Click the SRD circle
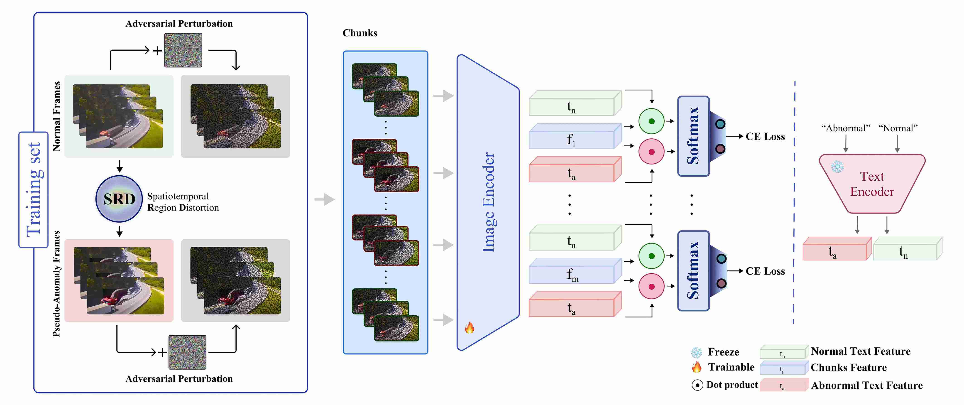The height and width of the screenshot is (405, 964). pos(119,199)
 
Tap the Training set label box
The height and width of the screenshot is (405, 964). pos(33,190)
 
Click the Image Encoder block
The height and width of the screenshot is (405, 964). pos(488,202)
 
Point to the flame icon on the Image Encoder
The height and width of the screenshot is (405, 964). pos(469,328)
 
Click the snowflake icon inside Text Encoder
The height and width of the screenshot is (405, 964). pos(837,167)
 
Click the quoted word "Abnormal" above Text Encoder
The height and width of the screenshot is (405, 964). pos(845,128)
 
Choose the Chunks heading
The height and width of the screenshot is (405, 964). pos(360,33)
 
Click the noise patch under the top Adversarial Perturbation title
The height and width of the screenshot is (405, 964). pos(183,50)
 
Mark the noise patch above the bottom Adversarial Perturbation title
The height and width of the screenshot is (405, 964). pos(187,352)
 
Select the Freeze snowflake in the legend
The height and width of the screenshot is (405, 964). pos(696,352)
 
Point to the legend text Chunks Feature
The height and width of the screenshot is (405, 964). pos(848,368)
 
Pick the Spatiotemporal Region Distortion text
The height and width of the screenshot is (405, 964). pos(183,202)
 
